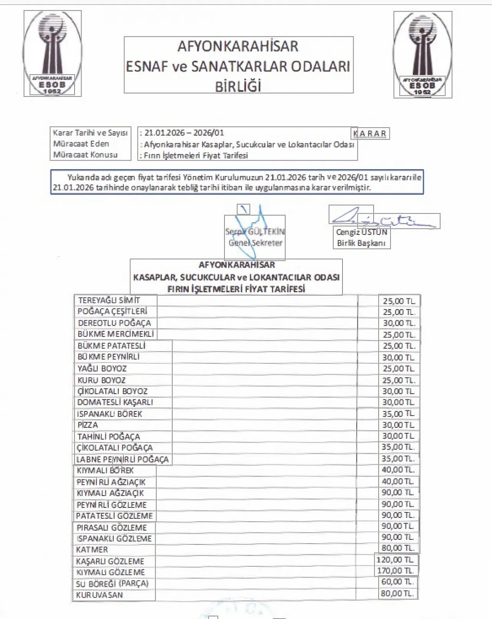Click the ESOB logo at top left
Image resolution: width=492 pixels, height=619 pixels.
pos(52,53)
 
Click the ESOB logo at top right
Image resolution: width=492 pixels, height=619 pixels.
pos(422,55)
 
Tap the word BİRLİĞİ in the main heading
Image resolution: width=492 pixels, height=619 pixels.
pos(238,86)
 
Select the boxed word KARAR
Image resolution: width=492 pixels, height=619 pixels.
pos(370,133)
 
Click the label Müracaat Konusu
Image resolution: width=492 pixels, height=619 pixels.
pos(85,155)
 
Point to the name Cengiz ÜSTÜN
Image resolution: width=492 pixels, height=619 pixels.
pos(361,232)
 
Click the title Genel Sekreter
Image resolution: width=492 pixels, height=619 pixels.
pos(255,243)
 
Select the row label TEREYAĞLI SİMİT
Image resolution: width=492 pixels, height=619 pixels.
pos(109,300)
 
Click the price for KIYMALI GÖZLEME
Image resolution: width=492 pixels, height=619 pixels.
pos(396,571)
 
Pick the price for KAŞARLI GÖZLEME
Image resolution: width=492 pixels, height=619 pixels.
pos(396,560)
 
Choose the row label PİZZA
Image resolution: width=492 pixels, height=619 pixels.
pos(88,425)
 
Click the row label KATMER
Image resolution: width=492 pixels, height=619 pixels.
pos(92,549)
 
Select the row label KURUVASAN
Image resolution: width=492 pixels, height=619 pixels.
pos(100,595)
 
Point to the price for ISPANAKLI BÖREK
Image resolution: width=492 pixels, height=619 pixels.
pos(399,414)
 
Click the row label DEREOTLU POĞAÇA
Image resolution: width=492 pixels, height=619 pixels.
pos(115,323)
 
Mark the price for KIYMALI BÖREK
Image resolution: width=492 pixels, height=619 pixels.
pos(398,470)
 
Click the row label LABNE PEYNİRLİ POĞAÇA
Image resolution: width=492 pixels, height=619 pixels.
pos(122,459)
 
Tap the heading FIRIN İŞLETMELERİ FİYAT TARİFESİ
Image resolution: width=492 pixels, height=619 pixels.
pos(236,289)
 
